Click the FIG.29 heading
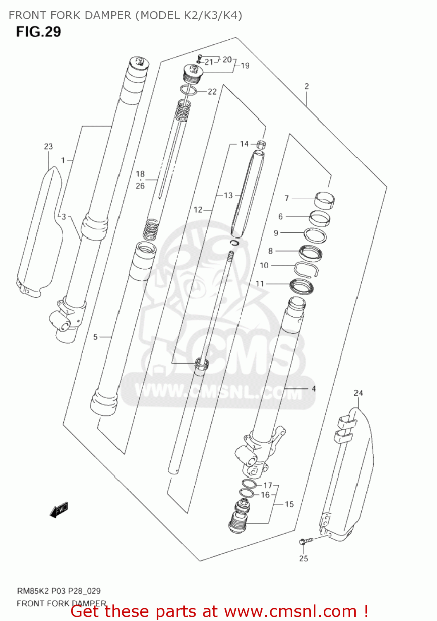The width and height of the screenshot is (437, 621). [x=38, y=32]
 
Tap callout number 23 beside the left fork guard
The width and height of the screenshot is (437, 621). [x=48, y=147]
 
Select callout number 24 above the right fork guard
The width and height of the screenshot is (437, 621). [x=358, y=393]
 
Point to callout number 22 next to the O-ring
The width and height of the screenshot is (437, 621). [x=212, y=91]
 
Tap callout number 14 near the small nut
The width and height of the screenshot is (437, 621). [x=244, y=144]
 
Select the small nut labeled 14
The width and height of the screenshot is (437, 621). [x=261, y=144]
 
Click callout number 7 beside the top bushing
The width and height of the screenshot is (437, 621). [x=287, y=198]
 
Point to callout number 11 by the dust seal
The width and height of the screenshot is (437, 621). [x=260, y=284]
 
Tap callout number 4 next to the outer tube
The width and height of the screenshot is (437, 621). [x=314, y=388]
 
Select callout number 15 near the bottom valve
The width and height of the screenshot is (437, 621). [x=289, y=504]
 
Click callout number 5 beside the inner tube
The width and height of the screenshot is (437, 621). [x=96, y=337]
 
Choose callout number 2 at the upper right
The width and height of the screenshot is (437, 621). [x=306, y=86]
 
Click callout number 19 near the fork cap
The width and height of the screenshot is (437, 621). [x=245, y=65]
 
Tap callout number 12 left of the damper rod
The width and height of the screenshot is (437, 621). [x=198, y=210]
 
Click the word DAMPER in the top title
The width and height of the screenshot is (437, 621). [x=107, y=15]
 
